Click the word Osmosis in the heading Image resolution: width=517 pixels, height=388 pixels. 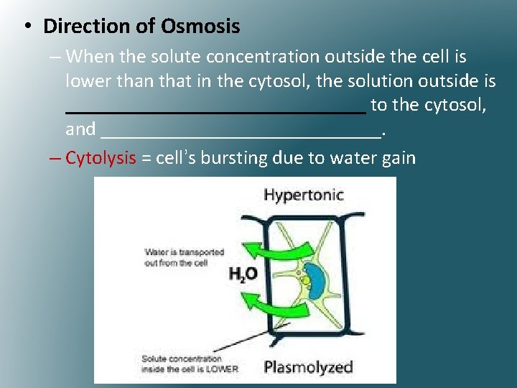coord(200,27)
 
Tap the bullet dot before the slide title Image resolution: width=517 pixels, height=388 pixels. coord(26,27)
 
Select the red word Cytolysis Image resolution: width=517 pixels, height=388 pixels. coord(101,158)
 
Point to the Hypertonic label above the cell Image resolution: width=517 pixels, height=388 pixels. coord(304,195)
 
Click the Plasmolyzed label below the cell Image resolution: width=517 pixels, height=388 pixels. coord(308,367)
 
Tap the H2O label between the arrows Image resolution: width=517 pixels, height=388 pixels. coord(243,273)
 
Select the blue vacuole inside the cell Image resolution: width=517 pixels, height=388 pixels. coord(317,282)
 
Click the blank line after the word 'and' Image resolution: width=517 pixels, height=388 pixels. coord(241,134)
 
